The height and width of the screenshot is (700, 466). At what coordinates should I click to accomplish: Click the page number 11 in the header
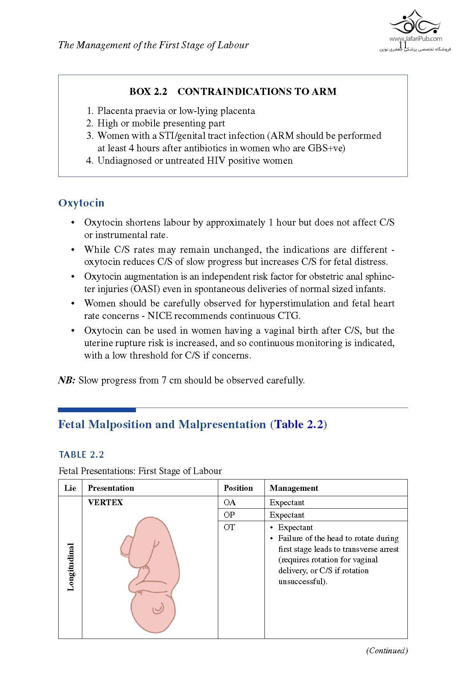403,45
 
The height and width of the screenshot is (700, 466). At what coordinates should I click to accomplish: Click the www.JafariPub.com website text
415,38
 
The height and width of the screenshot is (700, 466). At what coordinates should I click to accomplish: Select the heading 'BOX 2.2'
148,92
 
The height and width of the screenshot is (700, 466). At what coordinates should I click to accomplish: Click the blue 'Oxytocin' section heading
81,203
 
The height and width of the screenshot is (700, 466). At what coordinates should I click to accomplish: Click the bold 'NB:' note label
66,380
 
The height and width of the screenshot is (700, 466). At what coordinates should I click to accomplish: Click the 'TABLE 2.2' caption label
81,455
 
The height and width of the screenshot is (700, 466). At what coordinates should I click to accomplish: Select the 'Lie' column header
70,488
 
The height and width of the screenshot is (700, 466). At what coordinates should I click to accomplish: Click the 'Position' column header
238,488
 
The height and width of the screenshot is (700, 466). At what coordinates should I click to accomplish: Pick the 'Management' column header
294,488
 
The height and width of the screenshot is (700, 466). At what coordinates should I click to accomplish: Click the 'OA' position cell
230,502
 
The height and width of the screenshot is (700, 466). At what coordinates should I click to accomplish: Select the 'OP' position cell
229,515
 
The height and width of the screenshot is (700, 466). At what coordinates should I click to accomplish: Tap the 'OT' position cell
229,527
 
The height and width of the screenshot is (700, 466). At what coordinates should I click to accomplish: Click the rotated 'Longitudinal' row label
71,567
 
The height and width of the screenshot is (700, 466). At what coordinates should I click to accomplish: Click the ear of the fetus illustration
158,608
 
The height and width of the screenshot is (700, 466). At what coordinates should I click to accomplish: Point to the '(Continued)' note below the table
387,650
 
